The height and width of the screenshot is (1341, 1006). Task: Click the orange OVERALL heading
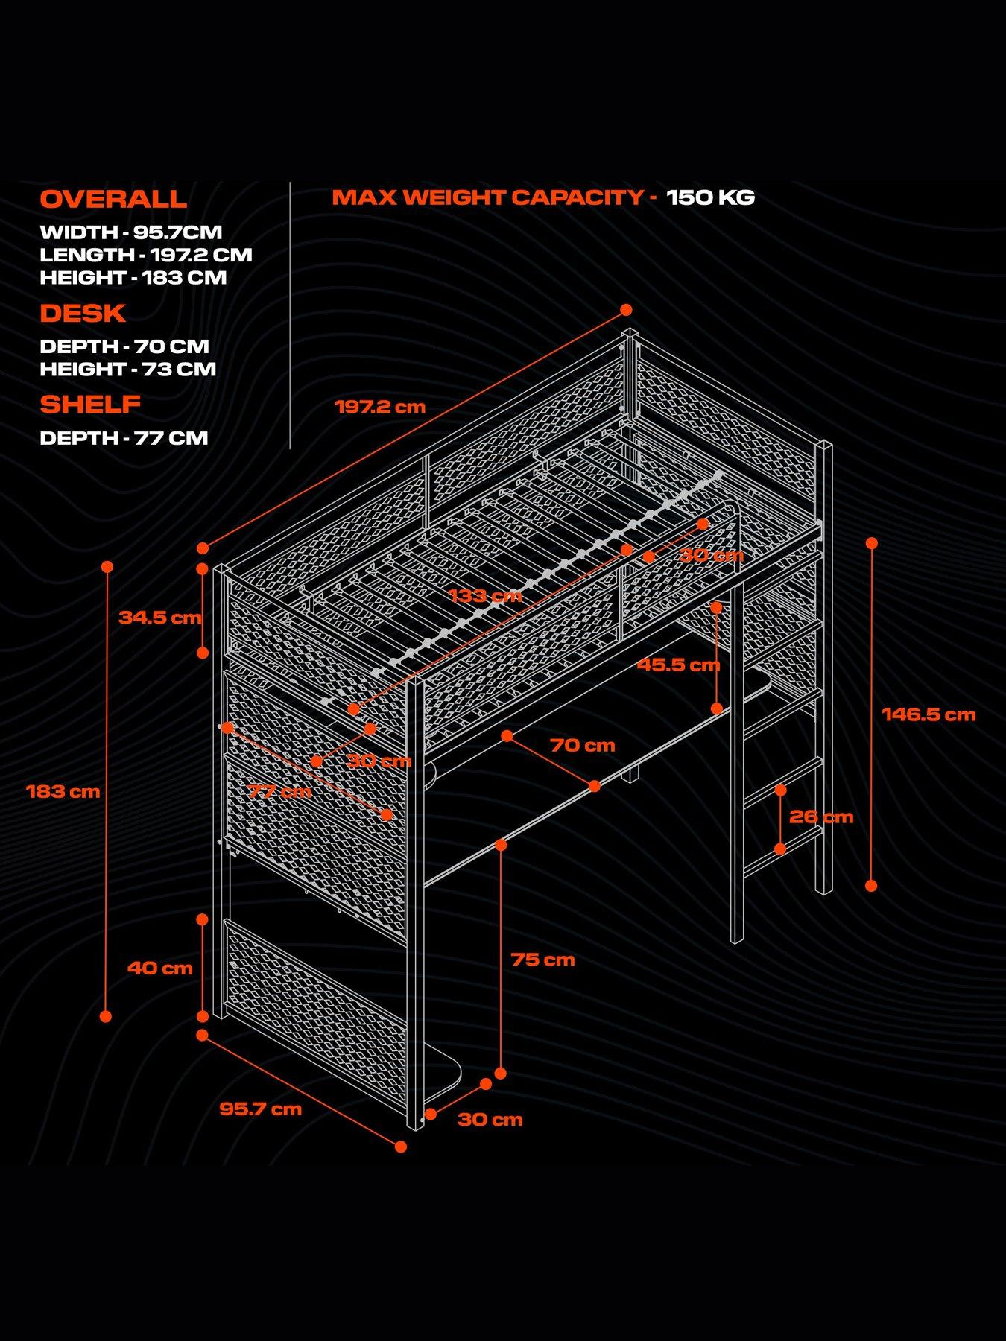[113, 199]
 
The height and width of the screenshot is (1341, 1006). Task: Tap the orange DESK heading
[83, 313]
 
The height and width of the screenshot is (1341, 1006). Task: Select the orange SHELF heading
[90, 404]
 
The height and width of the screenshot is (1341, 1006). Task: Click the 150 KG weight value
[710, 197]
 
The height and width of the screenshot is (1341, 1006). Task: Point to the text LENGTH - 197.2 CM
[146, 255]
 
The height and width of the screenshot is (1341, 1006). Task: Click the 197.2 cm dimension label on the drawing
[380, 407]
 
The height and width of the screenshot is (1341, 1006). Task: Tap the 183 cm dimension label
[63, 791]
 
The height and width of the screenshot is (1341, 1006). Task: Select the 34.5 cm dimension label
[159, 617]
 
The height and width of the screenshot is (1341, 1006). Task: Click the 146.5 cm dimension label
[929, 714]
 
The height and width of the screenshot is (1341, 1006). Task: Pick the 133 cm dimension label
[485, 595]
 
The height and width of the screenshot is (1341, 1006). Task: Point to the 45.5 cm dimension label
[678, 665]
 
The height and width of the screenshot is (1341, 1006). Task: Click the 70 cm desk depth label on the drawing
[582, 745]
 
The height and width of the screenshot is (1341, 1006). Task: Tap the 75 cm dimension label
[542, 960]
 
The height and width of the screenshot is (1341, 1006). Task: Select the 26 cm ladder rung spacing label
[820, 817]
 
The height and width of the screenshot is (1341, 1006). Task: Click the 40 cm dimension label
[159, 968]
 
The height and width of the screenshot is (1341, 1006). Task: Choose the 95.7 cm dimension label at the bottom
[260, 1109]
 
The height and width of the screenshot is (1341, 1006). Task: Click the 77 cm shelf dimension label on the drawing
[279, 791]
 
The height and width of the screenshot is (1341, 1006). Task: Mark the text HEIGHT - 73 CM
[128, 369]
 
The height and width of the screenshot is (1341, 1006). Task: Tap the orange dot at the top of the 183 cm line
[107, 567]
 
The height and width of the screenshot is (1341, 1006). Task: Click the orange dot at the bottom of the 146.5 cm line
[871, 885]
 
